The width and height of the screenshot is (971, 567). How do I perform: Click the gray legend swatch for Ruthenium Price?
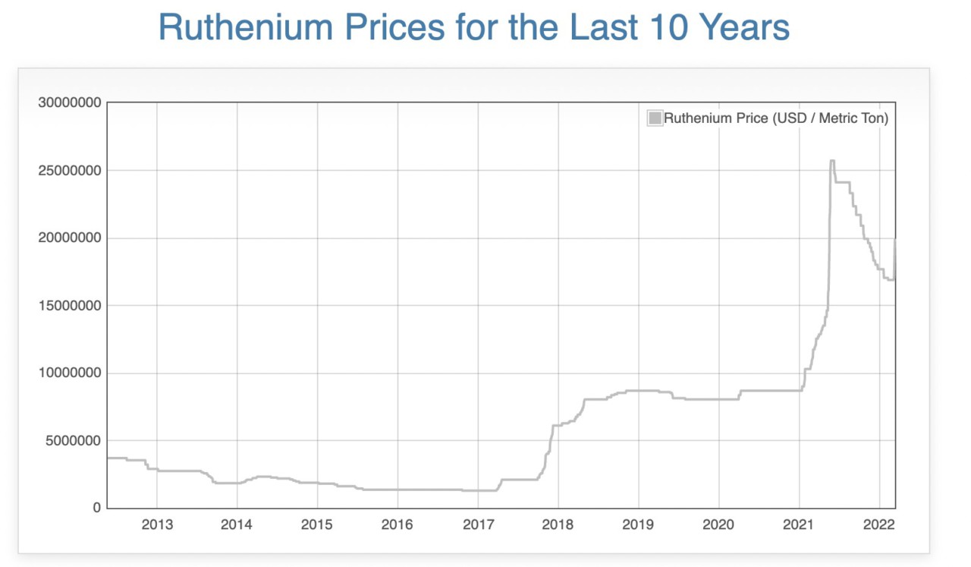point(654,118)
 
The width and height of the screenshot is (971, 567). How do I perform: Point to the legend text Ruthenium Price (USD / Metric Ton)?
point(775,118)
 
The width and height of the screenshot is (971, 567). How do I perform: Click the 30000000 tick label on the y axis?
point(70,102)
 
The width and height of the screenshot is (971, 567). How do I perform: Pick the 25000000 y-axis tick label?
point(70,170)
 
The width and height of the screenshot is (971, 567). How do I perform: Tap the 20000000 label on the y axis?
point(70,238)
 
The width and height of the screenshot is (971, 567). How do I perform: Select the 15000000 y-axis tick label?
point(70,305)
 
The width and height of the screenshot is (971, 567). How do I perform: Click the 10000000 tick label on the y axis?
point(70,373)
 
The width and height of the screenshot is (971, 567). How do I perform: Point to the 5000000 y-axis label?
point(73,440)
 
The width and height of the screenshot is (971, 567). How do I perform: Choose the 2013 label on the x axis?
point(157,524)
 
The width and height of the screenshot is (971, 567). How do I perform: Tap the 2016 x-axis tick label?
point(398,524)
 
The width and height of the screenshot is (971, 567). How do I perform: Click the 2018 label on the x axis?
point(558,524)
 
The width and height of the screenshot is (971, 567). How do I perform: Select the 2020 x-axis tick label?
point(718,524)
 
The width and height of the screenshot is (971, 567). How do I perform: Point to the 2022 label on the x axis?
point(879,524)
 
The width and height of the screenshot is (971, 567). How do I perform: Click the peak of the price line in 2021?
point(832,161)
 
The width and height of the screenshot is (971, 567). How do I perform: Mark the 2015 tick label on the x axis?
point(317,524)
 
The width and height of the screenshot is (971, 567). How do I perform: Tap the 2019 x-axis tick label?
point(638,524)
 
